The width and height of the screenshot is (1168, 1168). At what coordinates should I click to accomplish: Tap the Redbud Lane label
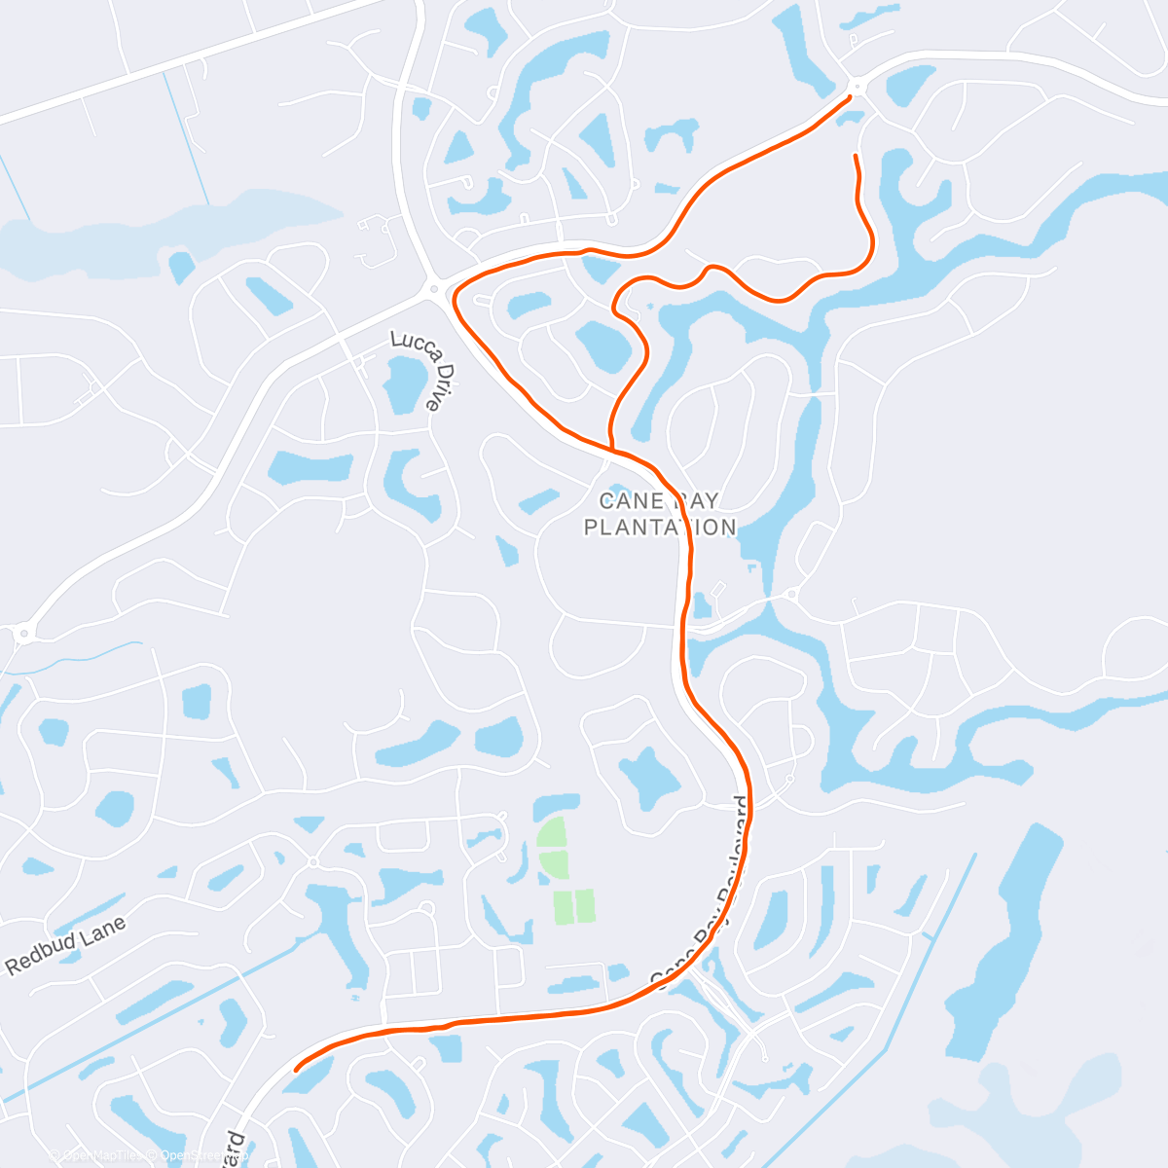pos(66,945)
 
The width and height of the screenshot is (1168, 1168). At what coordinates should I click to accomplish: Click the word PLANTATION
pos(660,528)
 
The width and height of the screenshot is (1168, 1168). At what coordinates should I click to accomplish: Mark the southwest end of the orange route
pos(296,1069)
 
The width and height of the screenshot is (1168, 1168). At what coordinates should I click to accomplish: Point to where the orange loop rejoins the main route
pos(611,449)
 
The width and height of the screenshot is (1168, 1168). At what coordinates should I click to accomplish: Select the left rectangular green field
pos(564,906)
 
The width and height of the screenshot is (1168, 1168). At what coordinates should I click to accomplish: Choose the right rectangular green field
pos(585,906)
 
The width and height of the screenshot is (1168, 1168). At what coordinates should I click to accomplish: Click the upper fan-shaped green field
pos(551,833)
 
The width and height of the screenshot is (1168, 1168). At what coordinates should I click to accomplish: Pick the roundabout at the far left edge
pos(21,635)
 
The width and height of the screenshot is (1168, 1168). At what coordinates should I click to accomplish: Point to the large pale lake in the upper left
pos(146,224)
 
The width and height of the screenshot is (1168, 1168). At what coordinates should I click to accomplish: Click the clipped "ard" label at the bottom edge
pos(235,1150)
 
